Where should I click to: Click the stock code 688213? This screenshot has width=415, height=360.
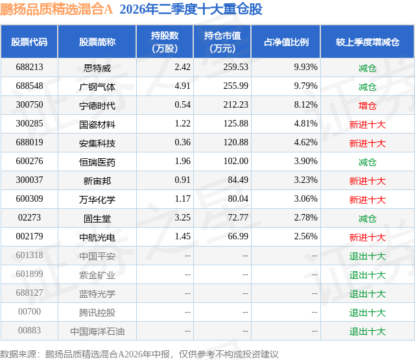(29, 67)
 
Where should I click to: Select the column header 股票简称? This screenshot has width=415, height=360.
(97, 42)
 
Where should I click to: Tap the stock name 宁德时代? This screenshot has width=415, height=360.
(97, 106)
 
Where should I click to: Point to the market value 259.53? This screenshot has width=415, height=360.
(235, 67)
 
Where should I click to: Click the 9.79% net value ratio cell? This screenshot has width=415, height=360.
(305, 86)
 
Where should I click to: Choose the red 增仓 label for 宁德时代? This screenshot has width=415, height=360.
(368, 106)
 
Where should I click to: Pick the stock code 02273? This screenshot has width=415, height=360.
(29, 217)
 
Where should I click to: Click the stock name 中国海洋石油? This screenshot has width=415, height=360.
(97, 331)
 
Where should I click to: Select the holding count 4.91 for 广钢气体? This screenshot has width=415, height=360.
(182, 86)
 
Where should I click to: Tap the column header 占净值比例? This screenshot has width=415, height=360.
(286, 42)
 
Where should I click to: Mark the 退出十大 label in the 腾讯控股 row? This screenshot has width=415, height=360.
(368, 313)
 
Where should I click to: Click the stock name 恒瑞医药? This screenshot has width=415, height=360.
(97, 162)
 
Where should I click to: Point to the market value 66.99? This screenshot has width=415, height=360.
(238, 236)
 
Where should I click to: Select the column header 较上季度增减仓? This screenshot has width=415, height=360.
(368, 42)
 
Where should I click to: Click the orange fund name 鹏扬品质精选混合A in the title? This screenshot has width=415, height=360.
(56, 9)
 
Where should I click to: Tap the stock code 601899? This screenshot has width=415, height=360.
(29, 274)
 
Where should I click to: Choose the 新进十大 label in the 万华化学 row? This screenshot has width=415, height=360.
(368, 200)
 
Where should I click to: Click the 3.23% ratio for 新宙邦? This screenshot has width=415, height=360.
(305, 180)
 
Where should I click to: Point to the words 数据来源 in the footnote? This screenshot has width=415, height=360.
(18, 354)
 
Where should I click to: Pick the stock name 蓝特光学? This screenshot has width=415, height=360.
(97, 294)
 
